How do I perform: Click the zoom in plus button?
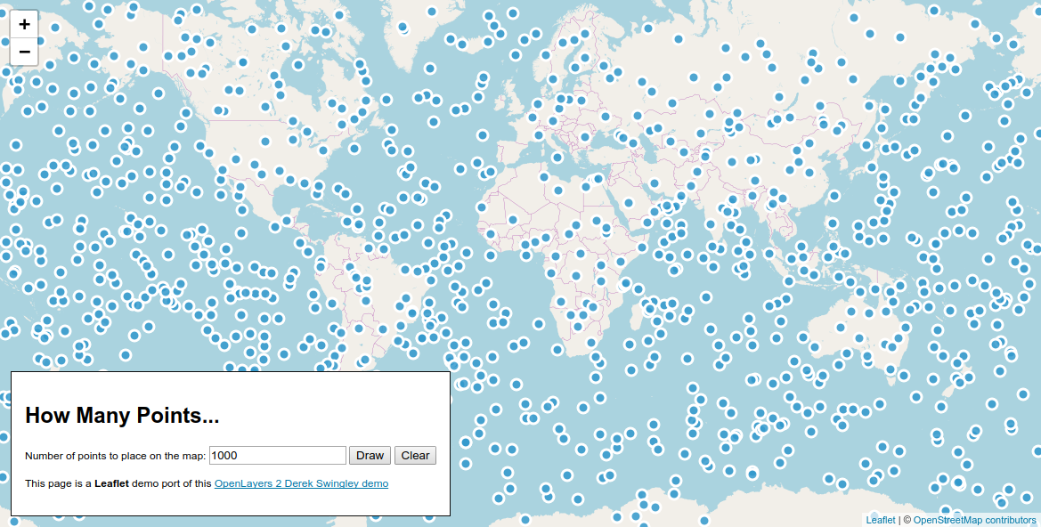pos(24,25)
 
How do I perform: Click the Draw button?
pos(370,456)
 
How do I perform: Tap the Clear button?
pos(415,456)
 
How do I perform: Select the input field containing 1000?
pos(277,456)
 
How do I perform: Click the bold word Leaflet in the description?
pos(111,484)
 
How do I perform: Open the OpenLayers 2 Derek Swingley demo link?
pos(301,484)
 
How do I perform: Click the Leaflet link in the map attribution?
pos(881,520)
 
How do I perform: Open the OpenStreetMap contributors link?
pos(974,520)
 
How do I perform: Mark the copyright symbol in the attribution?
pos(907,520)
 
